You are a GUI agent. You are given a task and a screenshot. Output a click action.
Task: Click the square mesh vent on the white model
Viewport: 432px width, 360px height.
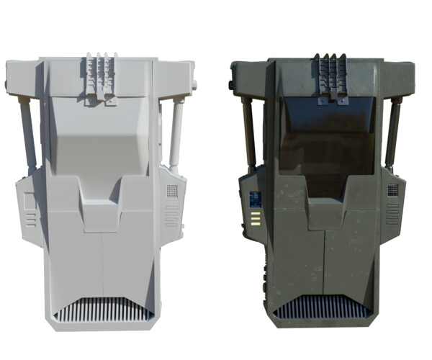click(172, 192)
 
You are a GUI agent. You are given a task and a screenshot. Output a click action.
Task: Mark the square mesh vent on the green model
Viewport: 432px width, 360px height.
click(392, 190)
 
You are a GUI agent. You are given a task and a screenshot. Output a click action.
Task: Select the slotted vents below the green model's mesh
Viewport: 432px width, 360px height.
click(392, 215)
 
